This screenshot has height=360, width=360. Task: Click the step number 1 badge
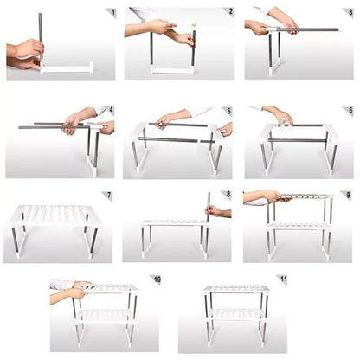point(111,13)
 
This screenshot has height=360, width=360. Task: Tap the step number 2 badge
point(228,12)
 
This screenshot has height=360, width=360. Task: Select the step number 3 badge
point(346,13)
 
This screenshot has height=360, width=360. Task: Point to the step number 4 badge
point(110,111)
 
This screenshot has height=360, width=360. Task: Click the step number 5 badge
point(228,111)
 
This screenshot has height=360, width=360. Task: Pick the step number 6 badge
point(347,111)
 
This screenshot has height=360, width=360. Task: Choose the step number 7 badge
point(107,196)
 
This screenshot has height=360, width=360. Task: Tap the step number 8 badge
point(227,196)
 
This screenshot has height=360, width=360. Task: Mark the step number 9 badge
point(345,196)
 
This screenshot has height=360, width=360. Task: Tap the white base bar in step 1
point(67,67)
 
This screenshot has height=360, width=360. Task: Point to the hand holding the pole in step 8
point(215,211)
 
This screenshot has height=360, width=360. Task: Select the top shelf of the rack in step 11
point(236,289)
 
